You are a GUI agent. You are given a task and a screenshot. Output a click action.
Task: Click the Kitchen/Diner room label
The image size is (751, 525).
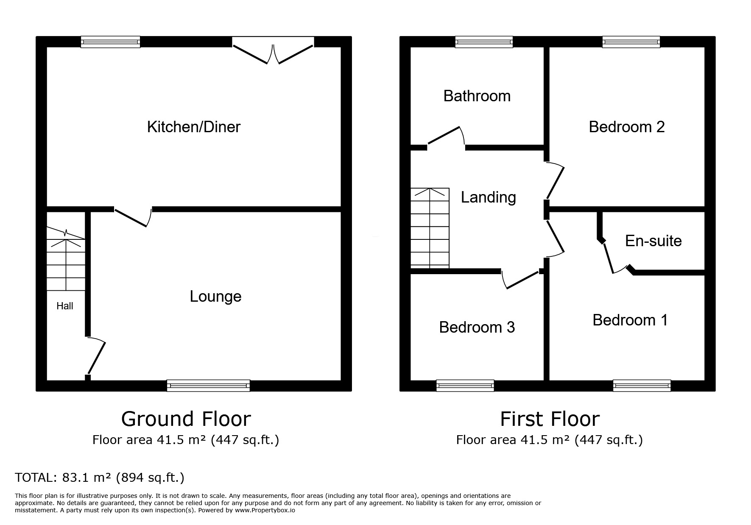194,127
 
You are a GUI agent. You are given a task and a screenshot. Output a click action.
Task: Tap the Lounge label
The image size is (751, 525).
215,296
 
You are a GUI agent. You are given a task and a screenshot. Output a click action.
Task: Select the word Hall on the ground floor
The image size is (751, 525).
65,306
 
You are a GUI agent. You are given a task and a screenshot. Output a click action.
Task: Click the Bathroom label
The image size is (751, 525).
477,96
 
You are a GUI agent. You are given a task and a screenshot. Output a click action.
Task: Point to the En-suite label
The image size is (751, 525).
653,241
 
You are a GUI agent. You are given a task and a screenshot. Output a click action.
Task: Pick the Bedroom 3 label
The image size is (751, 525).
477,327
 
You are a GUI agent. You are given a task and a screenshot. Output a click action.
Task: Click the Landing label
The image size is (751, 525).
488,197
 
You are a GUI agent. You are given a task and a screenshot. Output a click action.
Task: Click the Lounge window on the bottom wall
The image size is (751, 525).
208,386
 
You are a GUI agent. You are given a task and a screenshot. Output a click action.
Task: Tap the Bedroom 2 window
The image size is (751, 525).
631,42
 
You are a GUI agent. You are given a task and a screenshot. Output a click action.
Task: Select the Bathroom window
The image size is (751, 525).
484,42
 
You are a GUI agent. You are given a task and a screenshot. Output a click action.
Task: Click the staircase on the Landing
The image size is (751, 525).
430,228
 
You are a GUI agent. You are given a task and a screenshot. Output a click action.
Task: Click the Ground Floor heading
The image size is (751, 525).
186,419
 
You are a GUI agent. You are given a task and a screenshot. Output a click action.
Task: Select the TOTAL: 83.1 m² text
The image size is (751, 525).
100,478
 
